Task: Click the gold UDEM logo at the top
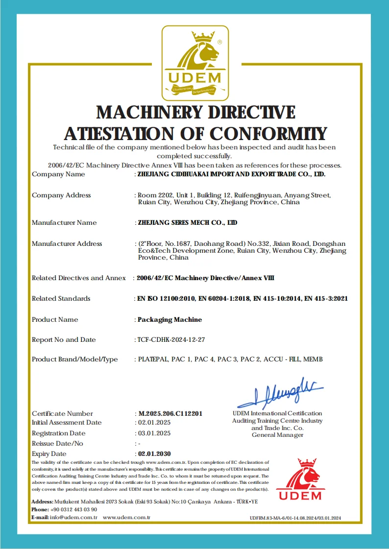pyautogui.click(x=195, y=62)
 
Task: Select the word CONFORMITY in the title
pyautogui.click(x=269, y=134)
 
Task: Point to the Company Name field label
pyautogui.click(x=58, y=174)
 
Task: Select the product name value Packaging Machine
pyautogui.click(x=170, y=320)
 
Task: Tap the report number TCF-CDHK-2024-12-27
pyautogui.click(x=172, y=340)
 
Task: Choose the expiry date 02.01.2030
pyautogui.click(x=154, y=454)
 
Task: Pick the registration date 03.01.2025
pyautogui.click(x=154, y=433)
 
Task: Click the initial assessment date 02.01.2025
pyautogui.click(x=154, y=423)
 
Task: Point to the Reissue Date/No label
pyautogui.click(x=57, y=444)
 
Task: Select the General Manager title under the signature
pyautogui.click(x=277, y=435)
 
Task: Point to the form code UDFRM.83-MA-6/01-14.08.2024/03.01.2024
pyautogui.click(x=295, y=518)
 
